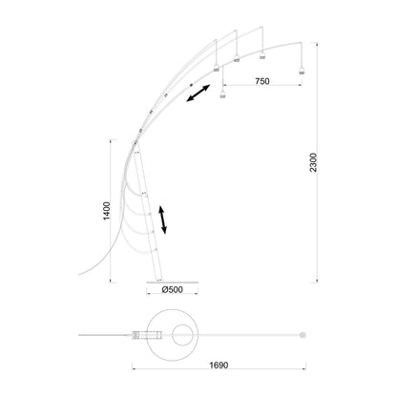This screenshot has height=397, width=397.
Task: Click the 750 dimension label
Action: (x=262, y=81)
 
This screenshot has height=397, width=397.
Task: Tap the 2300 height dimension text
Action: (x=314, y=162)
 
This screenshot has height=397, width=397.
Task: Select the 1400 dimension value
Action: (x=107, y=211)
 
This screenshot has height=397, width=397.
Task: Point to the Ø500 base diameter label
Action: (x=172, y=289)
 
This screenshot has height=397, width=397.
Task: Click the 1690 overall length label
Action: (x=219, y=365)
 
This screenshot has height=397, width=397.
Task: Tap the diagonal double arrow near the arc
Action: (x=198, y=93)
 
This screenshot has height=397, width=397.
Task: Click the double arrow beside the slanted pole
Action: (x=162, y=219)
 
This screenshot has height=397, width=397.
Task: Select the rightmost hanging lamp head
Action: (x=302, y=71)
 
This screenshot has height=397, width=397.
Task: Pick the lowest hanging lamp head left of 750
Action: (x=222, y=94)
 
